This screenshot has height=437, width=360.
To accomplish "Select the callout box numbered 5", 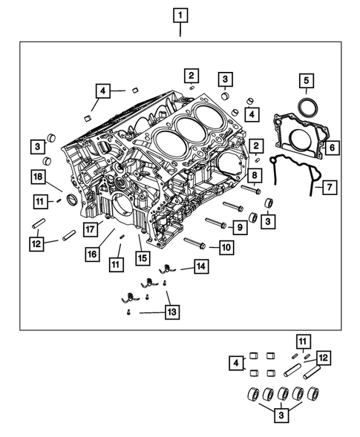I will (306, 81).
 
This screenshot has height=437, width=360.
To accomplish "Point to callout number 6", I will (332, 148).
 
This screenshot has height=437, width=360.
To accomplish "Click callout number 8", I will (254, 175).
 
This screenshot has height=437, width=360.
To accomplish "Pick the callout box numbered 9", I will (240, 226).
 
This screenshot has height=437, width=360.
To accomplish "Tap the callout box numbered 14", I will (200, 266).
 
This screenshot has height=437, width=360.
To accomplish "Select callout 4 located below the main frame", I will (236, 363).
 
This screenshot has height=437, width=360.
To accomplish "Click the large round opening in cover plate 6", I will (300, 141).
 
